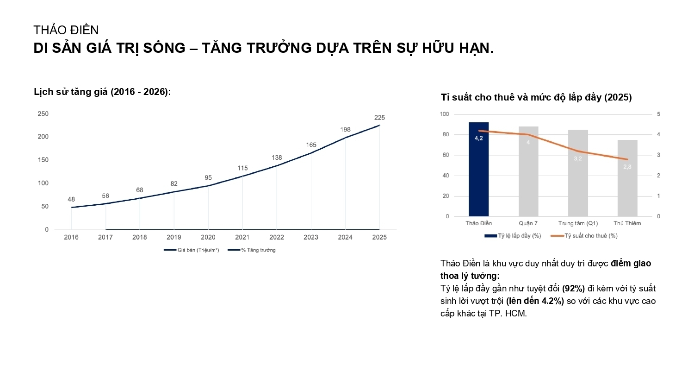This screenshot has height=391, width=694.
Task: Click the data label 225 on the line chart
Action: point(379,118)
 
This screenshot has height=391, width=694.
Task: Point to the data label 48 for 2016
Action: point(71,199)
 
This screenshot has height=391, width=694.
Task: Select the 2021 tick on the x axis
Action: point(242,237)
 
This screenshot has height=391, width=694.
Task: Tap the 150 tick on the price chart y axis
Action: point(43,160)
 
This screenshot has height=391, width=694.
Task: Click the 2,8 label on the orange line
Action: point(627,167)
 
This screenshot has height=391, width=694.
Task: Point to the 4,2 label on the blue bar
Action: point(478,138)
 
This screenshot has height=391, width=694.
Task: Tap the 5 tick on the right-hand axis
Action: point(658,114)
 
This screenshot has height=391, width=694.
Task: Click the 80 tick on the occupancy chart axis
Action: point(446,134)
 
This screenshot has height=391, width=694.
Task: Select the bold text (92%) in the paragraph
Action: point(573,288)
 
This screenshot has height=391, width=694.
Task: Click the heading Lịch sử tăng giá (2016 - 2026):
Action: point(102,92)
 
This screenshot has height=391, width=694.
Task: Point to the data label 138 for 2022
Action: point(277,158)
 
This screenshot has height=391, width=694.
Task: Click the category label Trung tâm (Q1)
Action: point(578,223)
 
